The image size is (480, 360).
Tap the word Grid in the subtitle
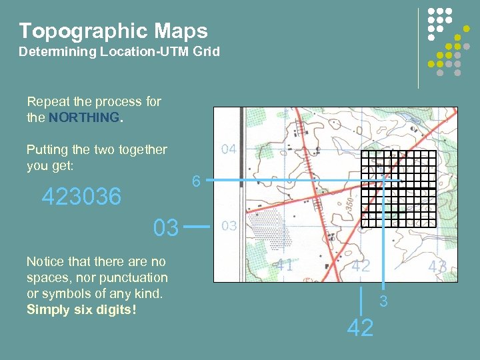pos(205,51)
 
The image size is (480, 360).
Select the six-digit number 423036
pos(81,197)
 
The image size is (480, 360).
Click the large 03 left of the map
pos(166,228)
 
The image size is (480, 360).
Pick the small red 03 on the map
pos(229,226)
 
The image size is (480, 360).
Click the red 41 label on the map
pos(285,265)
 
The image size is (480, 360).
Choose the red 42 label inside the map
pos(361,265)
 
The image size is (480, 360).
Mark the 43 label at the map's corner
pos(437,267)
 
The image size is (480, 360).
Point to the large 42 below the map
pos(361,328)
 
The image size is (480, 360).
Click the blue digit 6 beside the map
pos(195,181)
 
